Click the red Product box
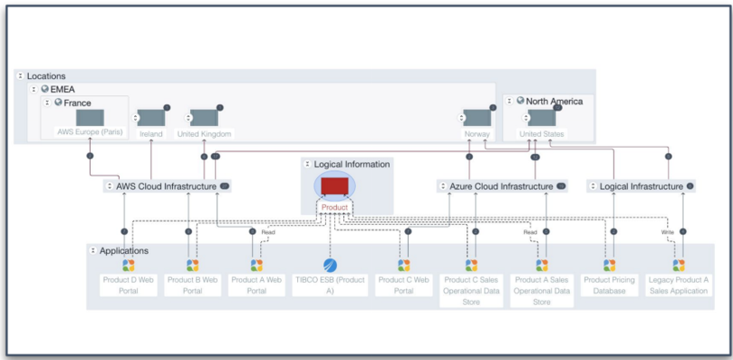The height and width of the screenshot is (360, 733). pos(334,187)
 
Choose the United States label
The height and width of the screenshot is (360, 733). pos(542,134)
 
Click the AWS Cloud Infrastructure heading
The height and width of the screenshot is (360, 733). pos(166,186)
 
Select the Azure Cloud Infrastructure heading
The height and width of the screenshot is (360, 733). pos(501,186)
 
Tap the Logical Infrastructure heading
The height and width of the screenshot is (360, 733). pos(641,186)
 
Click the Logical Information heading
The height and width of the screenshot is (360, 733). pos(352,165)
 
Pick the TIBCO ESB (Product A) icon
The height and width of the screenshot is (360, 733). pos(330,265)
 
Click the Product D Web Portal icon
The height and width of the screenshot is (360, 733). pos(129,265)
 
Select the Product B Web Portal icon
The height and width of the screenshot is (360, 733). pos(192,265)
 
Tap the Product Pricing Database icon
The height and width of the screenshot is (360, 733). pos(610,265)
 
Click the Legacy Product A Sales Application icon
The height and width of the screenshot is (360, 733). pos(678,265)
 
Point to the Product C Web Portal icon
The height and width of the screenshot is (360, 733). pos(403,265)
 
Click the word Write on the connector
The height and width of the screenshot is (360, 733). pos(667,232)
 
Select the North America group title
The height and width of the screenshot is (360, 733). pos(554,102)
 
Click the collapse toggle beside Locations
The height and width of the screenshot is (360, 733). pos(21,76)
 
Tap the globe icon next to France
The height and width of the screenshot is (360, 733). pos(58,103)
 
